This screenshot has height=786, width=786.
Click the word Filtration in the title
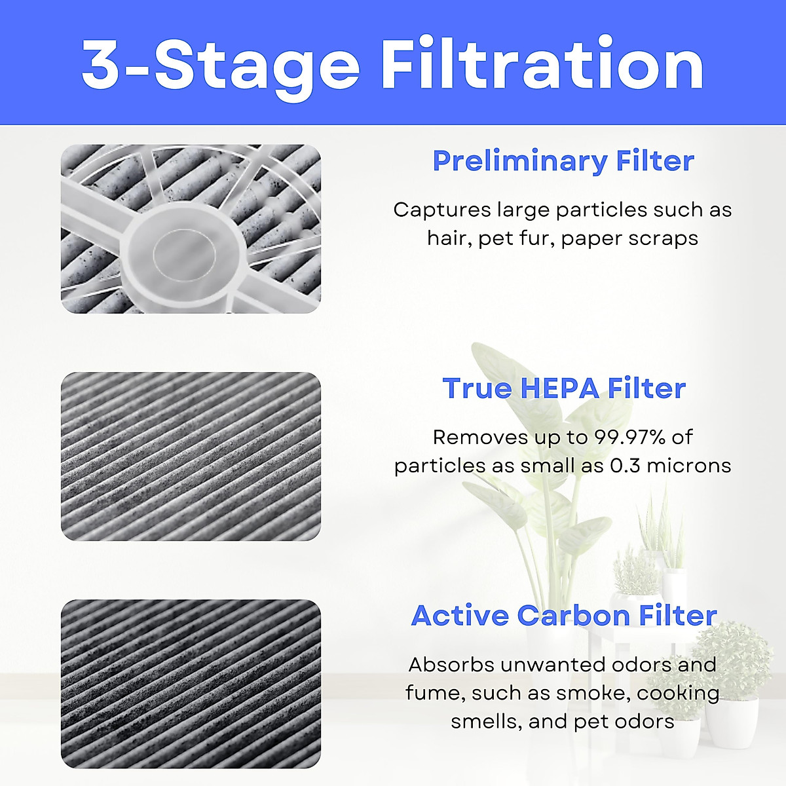click(x=542, y=65)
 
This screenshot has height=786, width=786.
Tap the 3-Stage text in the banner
click(x=221, y=65)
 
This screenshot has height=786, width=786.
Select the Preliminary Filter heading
click(x=563, y=161)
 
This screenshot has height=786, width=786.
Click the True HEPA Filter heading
click(x=564, y=388)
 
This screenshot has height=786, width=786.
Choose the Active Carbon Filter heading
click(x=564, y=616)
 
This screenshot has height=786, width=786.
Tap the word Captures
click(x=441, y=210)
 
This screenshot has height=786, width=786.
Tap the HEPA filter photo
click(x=191, y=457)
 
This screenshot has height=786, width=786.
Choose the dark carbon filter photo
click(x=191, y=684)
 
